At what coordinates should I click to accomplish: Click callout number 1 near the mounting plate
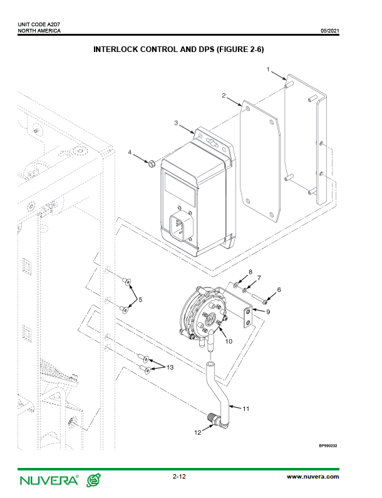pyautogui.click(x=268, y=70)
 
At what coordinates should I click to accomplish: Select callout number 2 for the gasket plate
pyautogui.click(x=224, y=96)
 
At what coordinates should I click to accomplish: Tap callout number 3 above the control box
pyautogui.click(x=176, y=123)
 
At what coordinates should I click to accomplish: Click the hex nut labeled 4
pyautogui.click(x=152, y=164)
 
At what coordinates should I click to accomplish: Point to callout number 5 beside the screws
pyautogui.click(x=140, y=299)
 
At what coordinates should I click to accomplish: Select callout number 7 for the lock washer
pyautogui.click(x=259, y=278)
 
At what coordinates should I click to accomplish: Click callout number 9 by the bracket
pyautogui.click(x=268, y=312)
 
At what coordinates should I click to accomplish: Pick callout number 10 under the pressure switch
pyautogui.click(x=229, y=341)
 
